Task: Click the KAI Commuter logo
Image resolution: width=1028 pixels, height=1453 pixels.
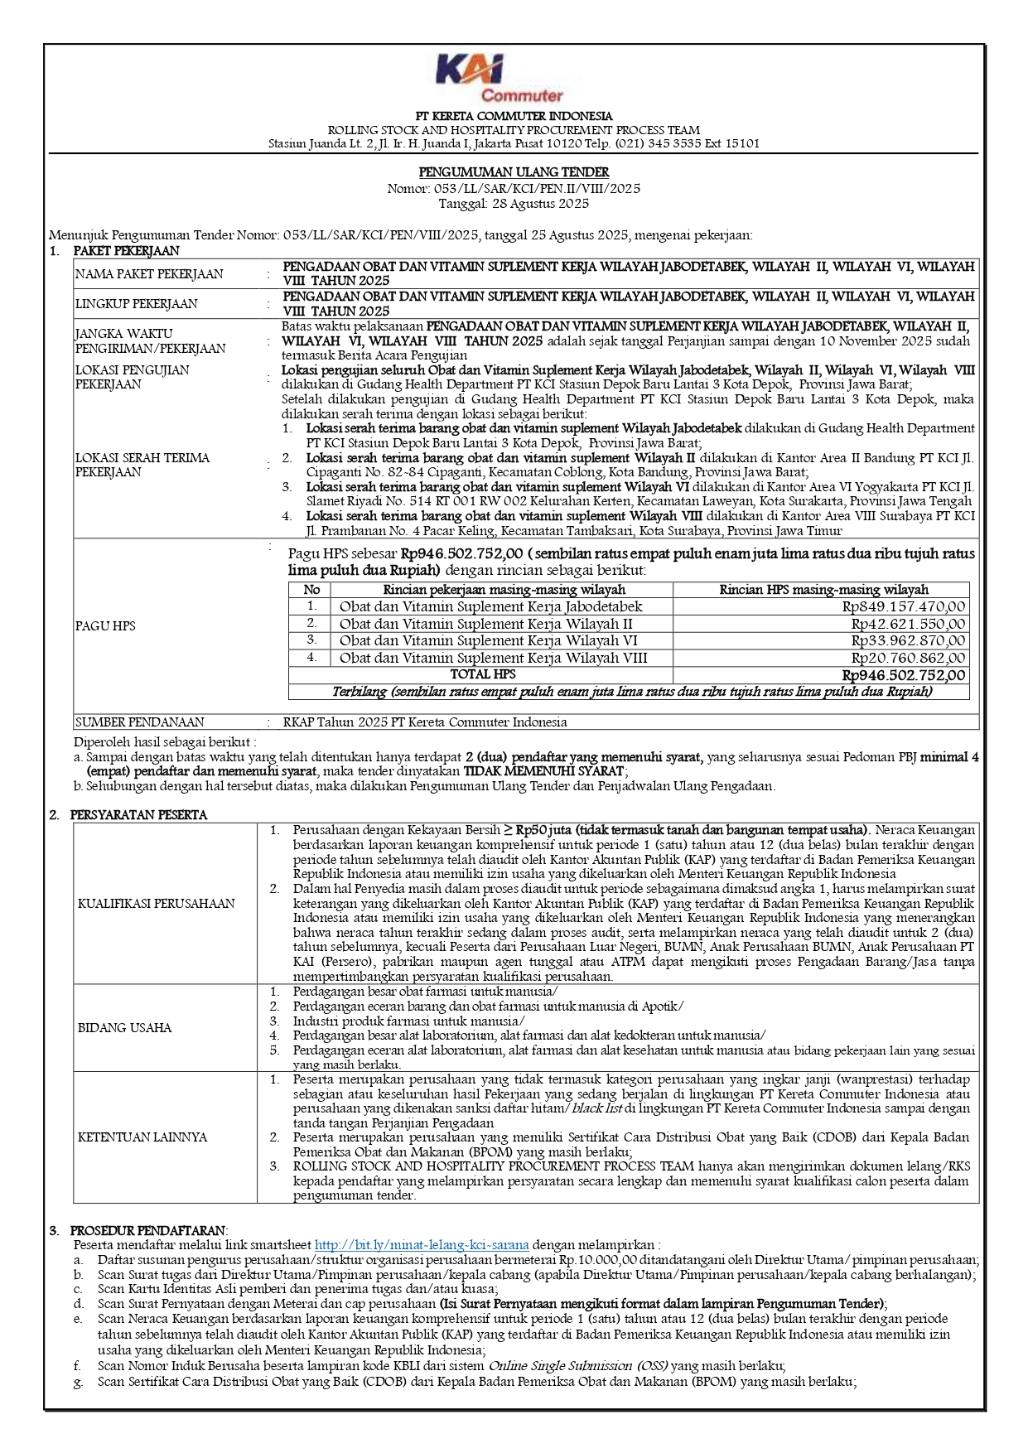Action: click(499, 77)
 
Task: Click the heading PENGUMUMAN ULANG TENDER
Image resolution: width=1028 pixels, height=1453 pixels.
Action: click(514, 172)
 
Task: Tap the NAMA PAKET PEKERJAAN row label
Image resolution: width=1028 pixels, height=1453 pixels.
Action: click(149, 274)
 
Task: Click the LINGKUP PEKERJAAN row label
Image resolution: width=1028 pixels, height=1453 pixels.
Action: click(136, 304)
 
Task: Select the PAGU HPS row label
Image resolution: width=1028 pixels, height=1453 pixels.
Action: click(105, 626)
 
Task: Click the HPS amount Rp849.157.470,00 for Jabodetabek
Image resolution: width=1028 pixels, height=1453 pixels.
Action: click(904, 606)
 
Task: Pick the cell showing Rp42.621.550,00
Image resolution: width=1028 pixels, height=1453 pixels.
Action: click(908, 624)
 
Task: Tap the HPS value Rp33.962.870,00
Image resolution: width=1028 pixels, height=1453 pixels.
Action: click(908, 640)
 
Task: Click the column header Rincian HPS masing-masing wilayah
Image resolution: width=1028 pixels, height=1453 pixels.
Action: click(823, 590)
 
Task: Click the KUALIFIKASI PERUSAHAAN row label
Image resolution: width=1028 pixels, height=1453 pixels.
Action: click(157, 903)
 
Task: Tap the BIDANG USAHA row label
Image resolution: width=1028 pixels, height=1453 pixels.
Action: click(124, 1028)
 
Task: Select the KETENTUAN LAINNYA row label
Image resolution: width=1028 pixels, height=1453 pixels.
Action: click(142, 1137)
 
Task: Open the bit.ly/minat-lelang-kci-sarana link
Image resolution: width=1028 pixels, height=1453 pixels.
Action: click(422, 1245)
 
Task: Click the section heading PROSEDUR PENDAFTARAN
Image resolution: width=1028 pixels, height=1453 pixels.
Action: click(148, 1230)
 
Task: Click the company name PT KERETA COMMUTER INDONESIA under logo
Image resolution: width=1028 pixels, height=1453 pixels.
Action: click(514, 116)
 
